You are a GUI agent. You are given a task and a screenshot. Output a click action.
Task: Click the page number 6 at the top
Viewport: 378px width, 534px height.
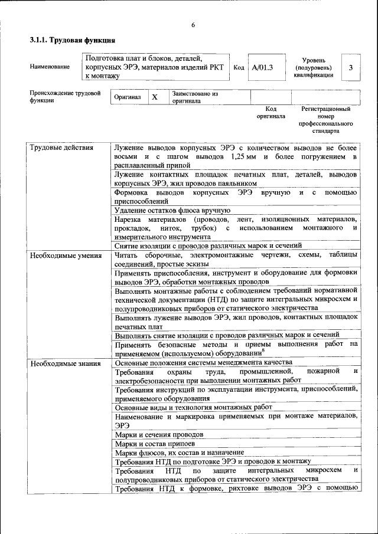(x=193, y=24)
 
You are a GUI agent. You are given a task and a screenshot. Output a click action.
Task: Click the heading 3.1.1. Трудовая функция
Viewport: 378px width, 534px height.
(x=72, y=40)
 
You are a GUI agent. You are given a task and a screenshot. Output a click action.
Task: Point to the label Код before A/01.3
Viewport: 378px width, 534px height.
(x=239, y=68)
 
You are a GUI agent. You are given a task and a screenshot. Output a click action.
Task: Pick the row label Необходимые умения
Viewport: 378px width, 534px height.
(x=65, y=255)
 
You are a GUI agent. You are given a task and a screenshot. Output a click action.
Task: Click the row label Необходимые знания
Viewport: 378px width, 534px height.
(x=64, y=363)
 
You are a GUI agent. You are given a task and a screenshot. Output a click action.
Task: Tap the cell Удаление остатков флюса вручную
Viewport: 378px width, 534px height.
(x=172, y=210)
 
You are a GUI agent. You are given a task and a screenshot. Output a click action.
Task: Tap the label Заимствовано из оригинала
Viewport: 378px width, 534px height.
(x=195, y=97)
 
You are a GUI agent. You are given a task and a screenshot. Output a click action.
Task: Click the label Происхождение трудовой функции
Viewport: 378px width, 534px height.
(x=64, y=97)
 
